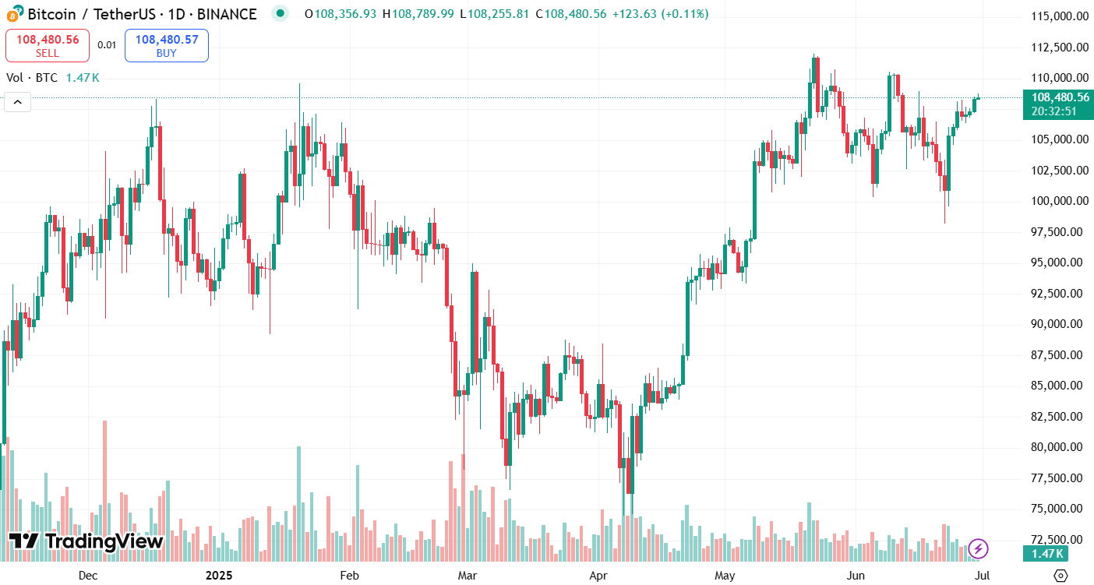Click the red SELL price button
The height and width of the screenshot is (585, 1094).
point(48,45)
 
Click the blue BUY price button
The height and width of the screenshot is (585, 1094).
point(166,45)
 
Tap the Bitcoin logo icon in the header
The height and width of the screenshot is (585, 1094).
point(15,14)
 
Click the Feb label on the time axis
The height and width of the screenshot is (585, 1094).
point(350,576)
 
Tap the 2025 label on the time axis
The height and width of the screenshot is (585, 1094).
point(219,576)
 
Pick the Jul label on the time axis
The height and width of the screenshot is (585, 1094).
point(983,576)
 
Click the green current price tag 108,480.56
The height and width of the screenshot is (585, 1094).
point(1060,97)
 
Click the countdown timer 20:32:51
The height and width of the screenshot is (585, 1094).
point(1053,111)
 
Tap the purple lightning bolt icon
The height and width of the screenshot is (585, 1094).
point(978,548)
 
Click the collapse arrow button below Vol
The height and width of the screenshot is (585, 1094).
point(18,102)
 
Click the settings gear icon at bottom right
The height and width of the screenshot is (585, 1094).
point(1060,576)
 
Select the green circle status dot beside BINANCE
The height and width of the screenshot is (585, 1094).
point(278,14)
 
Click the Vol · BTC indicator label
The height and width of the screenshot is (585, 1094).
point(33,78)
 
